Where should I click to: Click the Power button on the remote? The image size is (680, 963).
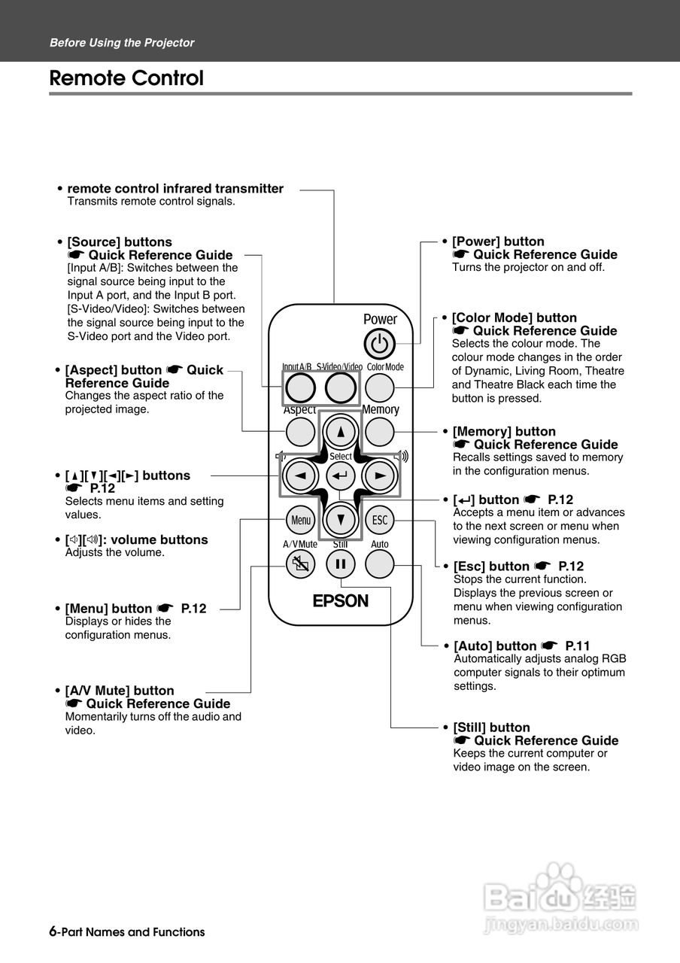tap(380, 345)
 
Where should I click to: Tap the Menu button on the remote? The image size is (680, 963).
tap(301, 519)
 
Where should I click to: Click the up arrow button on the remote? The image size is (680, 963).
tap(341, 432)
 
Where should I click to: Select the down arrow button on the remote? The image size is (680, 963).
tap(341, 519)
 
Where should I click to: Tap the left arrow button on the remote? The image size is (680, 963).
tap(300, 475)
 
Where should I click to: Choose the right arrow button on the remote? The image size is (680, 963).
tap(380, 475)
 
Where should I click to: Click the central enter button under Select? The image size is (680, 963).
tap(341, 476)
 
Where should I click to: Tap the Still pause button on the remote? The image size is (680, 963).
tap(341, 563)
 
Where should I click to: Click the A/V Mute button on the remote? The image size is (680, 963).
tap(301, 564)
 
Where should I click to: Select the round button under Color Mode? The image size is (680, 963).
tap(381, 387)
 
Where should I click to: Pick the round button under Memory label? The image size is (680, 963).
tap(380, 432)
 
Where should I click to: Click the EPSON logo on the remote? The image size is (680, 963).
tap(341, 600)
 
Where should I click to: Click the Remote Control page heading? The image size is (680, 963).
tap(126, 78)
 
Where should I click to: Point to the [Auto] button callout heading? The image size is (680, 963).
tap(496, 646)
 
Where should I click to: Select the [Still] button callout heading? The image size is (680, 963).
tap(491, 728)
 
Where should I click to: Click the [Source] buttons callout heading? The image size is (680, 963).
tap(120, 242)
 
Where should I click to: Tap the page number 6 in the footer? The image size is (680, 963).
tap(53, 931)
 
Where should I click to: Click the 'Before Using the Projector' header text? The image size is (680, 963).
tap(122, 43)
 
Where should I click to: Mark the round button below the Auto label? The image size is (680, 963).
tap(381, 563)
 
